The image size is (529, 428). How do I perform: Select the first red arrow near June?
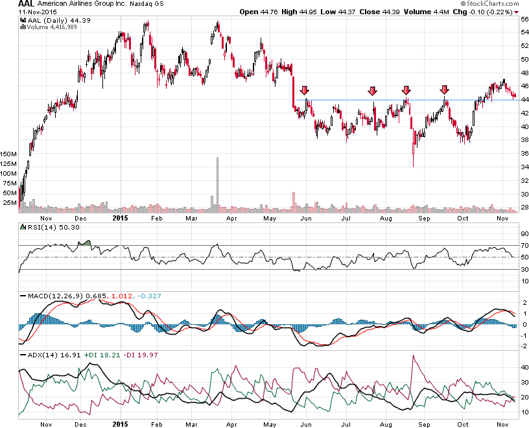click(x=305, y=91)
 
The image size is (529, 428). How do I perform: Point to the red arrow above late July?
click(x=373, y=91)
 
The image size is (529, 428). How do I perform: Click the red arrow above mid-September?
click(x=445, y=90)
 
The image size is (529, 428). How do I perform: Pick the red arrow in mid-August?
click(x=406, y=90)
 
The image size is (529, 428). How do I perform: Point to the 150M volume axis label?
click(x=9, y=154)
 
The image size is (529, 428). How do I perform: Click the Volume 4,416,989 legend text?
click(x=49, y=28)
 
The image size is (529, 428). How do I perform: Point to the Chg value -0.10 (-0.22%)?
click(x=491, y=12)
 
